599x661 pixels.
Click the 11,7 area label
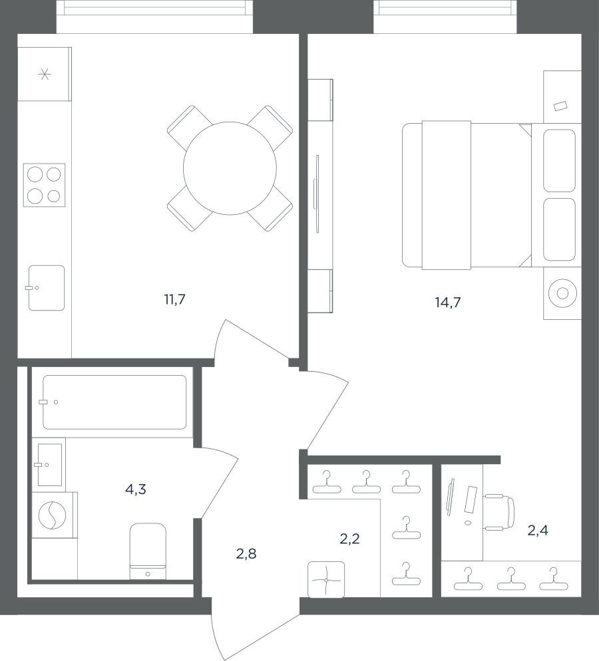pos(174,300)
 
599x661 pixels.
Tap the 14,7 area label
pos(447,303)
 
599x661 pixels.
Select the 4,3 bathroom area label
pos(135,489)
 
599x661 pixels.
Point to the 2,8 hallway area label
pos(246,554)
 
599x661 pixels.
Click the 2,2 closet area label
pos(349,539)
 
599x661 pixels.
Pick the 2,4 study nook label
pos(538,530)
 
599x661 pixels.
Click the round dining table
pos(230,168)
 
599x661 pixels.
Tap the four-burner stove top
pos(45,185)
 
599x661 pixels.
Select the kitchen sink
pos(47,288)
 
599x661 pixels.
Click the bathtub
pos(114,402)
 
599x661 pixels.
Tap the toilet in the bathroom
pos(148,551)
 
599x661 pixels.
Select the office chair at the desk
pos(499,512)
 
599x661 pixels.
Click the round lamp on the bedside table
pos(562,293)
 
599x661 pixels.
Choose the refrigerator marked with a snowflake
pos(45,74)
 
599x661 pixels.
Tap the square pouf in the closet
pos(326,580)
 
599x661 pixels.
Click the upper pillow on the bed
pos(559,161)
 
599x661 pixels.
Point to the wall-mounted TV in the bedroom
pos(316,194)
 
